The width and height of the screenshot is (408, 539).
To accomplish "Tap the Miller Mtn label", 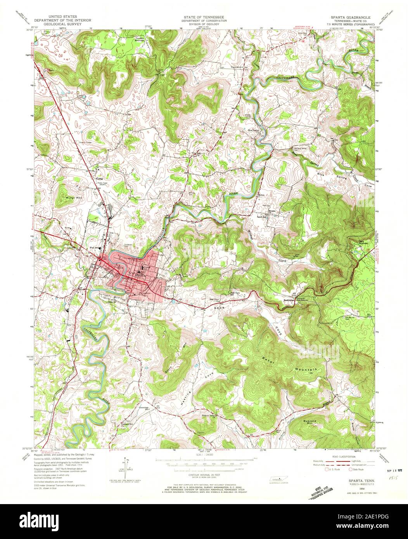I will (x=64, y=197).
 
